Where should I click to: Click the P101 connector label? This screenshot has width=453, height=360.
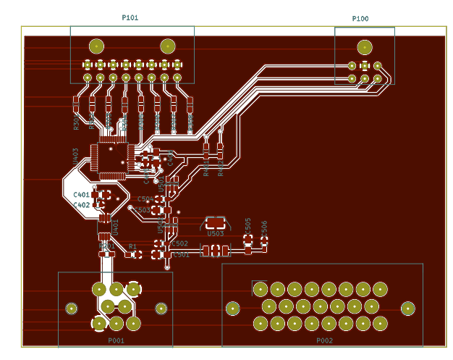130,17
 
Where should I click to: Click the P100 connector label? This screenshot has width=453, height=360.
360,19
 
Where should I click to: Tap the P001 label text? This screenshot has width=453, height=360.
117,340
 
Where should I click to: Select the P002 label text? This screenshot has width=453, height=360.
324,340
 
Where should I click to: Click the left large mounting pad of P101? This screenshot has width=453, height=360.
96,46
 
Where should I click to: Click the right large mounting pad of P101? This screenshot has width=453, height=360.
167,46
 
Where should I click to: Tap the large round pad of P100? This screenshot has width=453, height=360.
365,49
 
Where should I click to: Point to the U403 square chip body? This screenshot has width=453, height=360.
111,159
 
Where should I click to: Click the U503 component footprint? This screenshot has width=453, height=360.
216,223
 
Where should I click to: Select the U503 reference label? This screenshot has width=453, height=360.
216,234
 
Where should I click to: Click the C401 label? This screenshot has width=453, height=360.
81,195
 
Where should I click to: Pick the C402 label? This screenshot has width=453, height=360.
81,205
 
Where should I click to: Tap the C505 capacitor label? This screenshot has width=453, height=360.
248,225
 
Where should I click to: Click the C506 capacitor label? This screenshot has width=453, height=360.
264,227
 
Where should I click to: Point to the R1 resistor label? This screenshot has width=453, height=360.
132,247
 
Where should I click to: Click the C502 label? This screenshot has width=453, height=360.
179,244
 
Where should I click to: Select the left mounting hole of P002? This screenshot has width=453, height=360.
232,309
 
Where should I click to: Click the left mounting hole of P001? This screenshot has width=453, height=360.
72,309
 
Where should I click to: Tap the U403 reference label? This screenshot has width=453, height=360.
76,156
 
